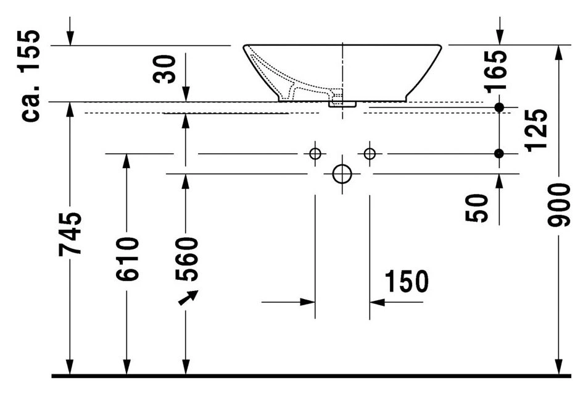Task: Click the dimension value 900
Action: click(x=559, y=205)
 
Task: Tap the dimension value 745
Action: click(x=70, y=234)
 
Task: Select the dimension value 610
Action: click(x=127, y=259)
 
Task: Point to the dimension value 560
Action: click(x=186, y=259)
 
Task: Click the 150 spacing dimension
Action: click(x=407, y=281)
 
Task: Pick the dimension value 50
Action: click(x=478, y=208)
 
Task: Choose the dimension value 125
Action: click(x=537, y=130)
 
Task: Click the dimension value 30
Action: click(x=164, y=69)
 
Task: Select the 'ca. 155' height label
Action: click(x=30, y=75)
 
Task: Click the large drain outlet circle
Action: click(x=342, y=174)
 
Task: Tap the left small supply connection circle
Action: click(x=315, y=154)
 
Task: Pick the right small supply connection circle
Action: click(x=370, y=154)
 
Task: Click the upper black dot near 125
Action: click(x=499, y=107)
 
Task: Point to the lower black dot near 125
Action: click(x=499, y=154)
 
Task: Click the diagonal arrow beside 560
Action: click(x=188, y=298)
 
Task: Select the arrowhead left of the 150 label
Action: click(x=307, y=301)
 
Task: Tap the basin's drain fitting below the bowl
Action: click(x=342, y=104)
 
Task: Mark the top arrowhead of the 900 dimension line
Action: click(x=559, y=53)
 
